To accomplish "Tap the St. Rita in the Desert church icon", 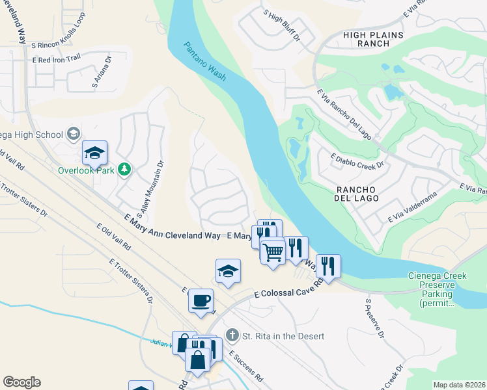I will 231,335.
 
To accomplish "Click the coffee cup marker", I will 201,300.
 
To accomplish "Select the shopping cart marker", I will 273,251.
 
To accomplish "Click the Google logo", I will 21,382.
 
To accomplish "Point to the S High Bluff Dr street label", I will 281,25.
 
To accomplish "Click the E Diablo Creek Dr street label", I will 357,161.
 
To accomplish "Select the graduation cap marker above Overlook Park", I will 94,153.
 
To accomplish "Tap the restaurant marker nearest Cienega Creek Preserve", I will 328,266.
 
